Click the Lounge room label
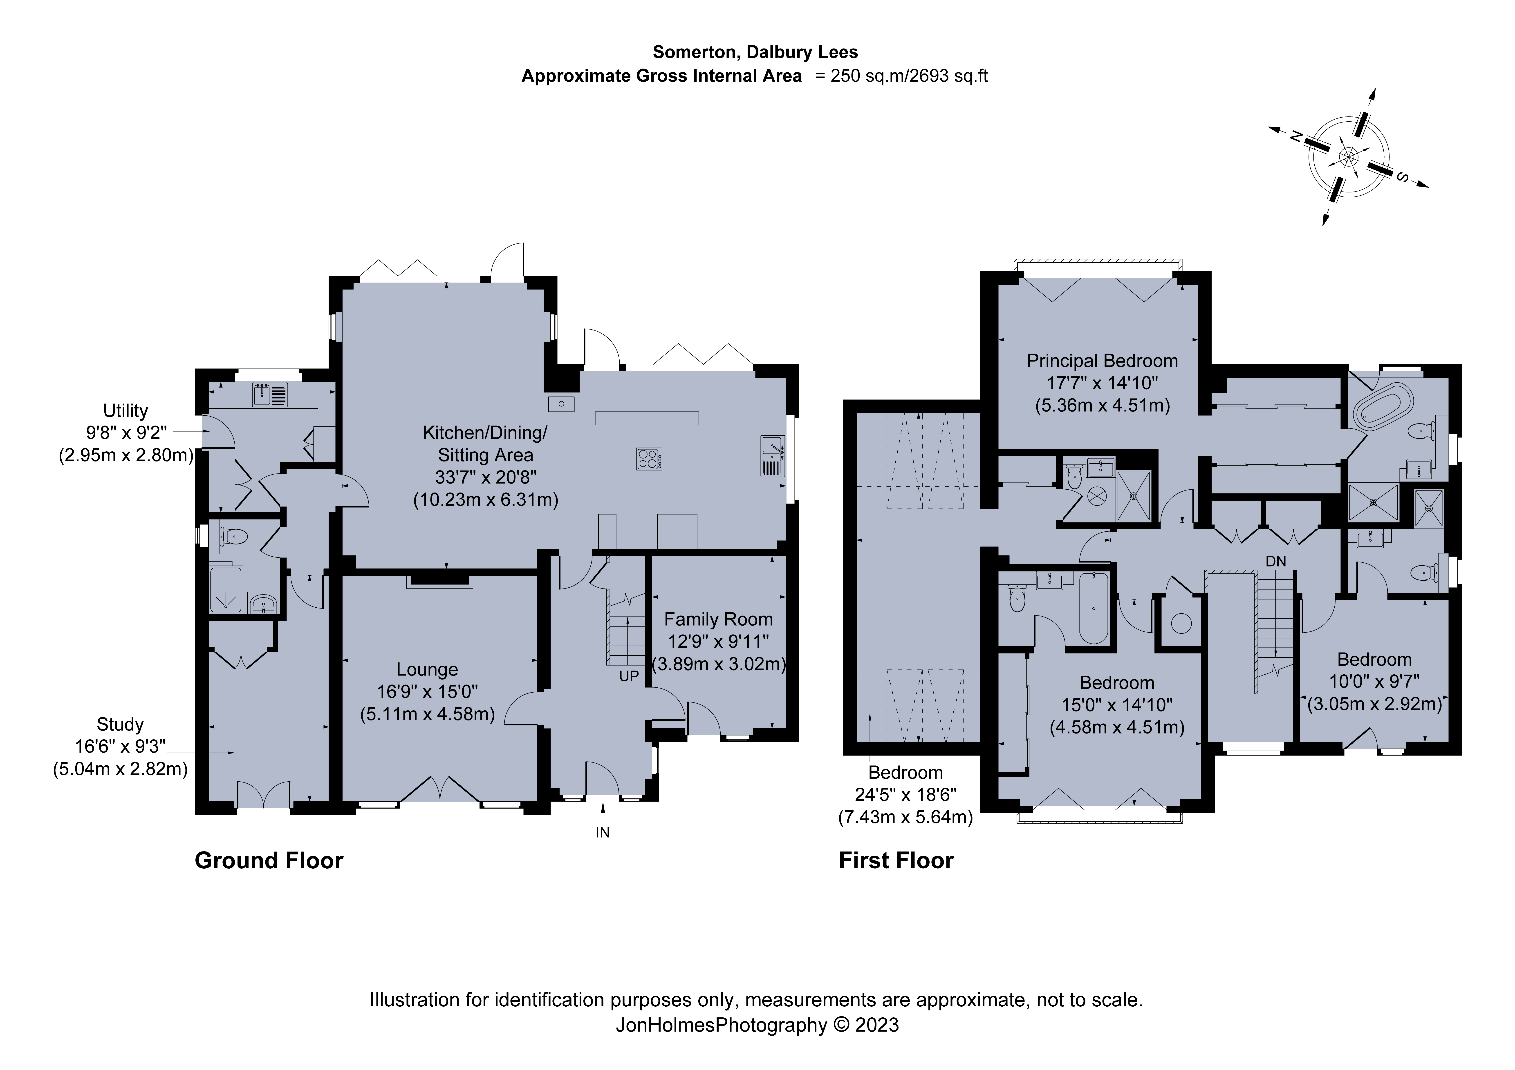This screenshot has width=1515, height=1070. (427, 670)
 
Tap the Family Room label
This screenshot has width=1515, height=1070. (719, 620)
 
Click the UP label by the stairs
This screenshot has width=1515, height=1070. (629, 676)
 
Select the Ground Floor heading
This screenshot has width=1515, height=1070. (269, 861)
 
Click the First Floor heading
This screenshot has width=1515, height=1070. (896, 861)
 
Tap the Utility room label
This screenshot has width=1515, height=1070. (125, 411)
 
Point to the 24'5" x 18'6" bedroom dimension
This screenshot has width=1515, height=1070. (905, 795)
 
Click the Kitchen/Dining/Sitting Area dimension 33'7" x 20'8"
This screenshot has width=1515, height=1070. (486, 477)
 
